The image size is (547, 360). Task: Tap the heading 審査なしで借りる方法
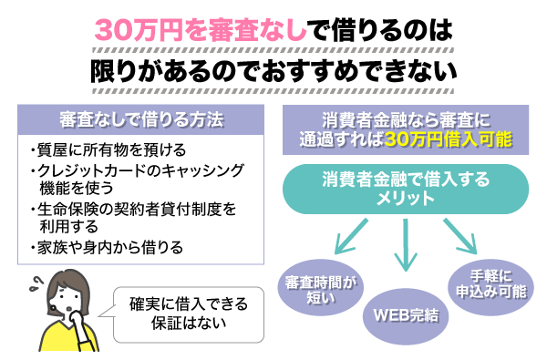pos(141,121)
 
